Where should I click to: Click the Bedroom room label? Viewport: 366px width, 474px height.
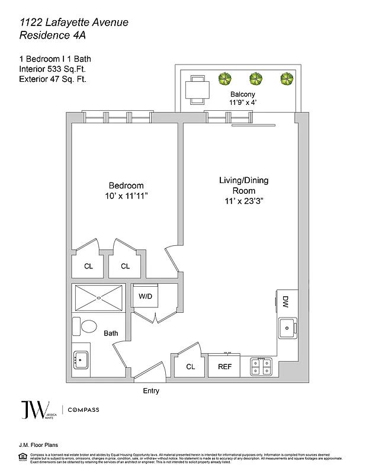click(x=126, y=185)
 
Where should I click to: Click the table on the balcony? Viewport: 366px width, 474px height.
click(x=195, y=89)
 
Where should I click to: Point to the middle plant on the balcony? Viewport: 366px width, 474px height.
click(x=256, y=79)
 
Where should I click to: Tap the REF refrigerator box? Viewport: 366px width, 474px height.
click(x=224, y=367)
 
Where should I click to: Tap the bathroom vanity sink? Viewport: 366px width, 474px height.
click(x=81, y=359)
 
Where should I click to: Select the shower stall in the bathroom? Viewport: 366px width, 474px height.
click(x=98, y=297)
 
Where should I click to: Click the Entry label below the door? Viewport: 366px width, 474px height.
click(x=151, y=391)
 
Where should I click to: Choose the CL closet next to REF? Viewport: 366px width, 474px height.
click(x=190, y=367)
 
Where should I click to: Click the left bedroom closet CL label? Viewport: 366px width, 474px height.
click(x=88, y=266)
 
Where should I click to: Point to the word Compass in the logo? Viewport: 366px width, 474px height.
click(x=84, y=410)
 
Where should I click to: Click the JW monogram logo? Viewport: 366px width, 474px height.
click(x=31, y=410)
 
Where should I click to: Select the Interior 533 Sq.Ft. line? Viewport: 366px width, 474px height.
click(x=52, y=69)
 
